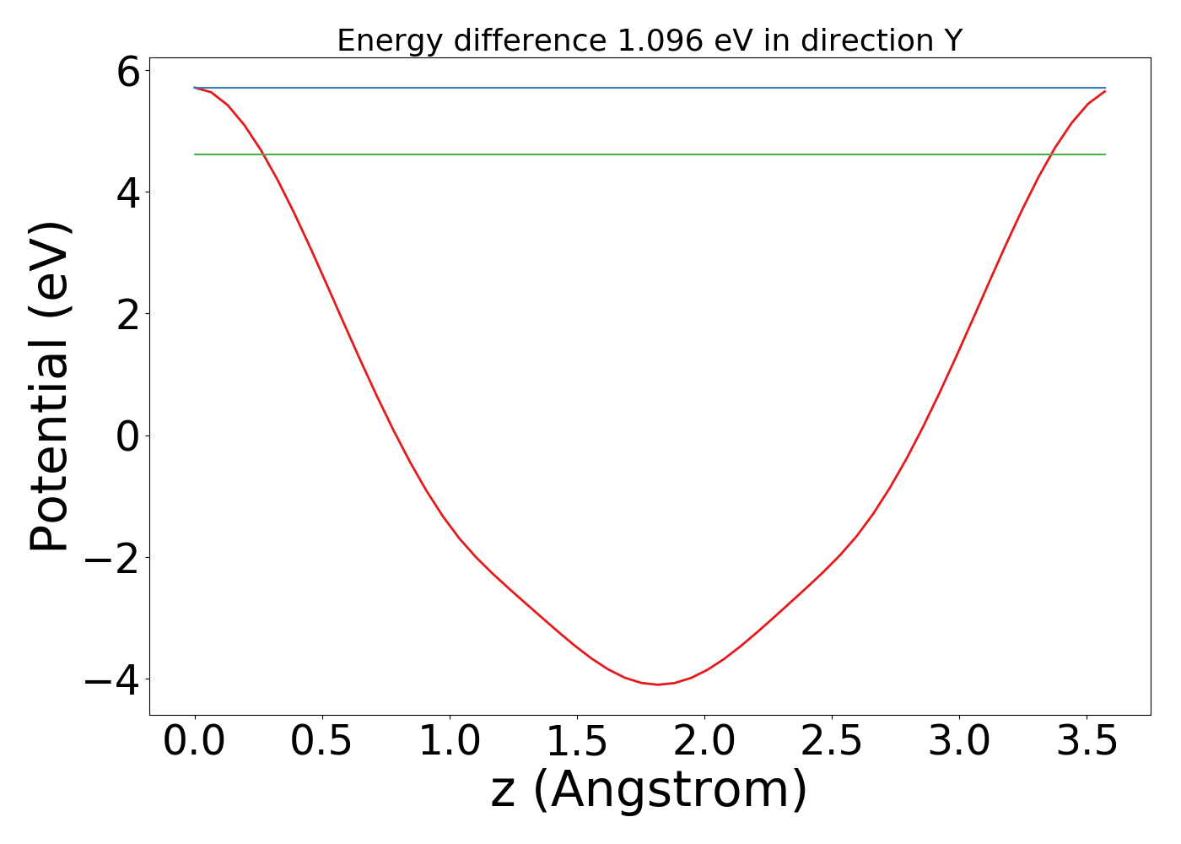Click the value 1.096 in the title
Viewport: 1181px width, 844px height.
point(661,41)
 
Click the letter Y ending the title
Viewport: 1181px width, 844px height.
point(952,41)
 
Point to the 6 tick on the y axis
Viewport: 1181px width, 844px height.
point(128,73)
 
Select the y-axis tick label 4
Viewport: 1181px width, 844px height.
point(128,193)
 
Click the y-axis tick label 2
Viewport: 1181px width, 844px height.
point(128,315)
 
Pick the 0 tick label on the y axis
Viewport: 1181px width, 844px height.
point(128,436)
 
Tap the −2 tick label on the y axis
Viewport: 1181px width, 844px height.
point(112,558)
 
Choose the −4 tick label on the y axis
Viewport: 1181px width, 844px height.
point(112,679)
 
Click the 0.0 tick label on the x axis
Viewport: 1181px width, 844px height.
point(194,742)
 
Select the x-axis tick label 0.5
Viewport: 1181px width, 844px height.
point(321,742)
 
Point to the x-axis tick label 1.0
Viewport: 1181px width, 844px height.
point(449,742)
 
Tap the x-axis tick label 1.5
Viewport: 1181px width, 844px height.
point(576,742)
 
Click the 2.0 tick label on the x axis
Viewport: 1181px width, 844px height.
point(704,742)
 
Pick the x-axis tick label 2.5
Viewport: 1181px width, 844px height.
point(832,742)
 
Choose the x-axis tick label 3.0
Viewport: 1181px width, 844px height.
point(959,742)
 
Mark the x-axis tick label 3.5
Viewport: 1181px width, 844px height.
point(1087,742)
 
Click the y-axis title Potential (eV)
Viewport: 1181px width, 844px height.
point(51,387)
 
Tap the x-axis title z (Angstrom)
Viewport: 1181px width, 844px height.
point(650,791)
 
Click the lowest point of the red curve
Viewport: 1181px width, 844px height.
point(659,684)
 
